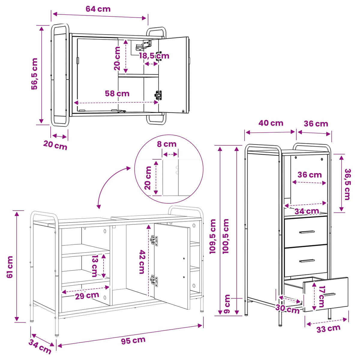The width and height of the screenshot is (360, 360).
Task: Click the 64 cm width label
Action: pos(98,9)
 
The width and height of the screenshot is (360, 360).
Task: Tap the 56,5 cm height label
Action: pos(34,74)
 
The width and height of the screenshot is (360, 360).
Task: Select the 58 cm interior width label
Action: pos(117,94)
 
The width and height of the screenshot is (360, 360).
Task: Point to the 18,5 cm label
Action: pos(154,56)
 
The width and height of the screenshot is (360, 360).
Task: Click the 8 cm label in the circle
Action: pos(166,144)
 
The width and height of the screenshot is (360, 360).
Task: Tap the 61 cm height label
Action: pos(10,267)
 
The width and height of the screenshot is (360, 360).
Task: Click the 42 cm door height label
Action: pos(142,262)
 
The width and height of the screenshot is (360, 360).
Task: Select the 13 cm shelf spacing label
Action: pos(95,266)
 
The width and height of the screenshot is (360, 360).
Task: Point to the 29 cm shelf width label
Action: pos(87,296)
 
